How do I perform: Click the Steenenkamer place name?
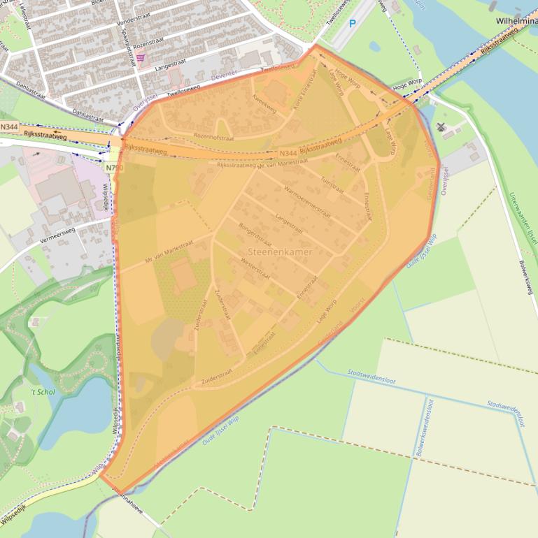click(x=280, y=251)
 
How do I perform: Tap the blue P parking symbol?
click(x=353, y=23)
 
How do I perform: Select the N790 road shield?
click(x=114, y=168)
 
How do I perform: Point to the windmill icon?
click(x=441, y=126)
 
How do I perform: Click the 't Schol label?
click(x=43, y=392)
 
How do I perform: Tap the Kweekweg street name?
click(x=264, y=106)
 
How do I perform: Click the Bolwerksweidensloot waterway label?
click(x=425, y=428)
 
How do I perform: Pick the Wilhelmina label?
click(x=516, y=21)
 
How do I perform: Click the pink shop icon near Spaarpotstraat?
click(x=141, y=58)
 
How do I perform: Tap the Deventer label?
click(x=225, y=73)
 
